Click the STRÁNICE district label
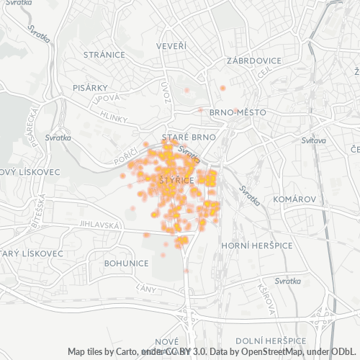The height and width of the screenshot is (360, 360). click(x=104, y=55)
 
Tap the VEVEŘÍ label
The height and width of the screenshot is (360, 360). click(x=171, y=46)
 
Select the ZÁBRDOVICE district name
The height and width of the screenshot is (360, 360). click(x=252, y=60)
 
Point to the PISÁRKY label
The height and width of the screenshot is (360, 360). click(x=90, y=87)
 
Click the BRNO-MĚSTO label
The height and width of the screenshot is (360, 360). click(x=238, y=113)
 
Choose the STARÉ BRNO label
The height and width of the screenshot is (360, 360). click(x=184, y=137)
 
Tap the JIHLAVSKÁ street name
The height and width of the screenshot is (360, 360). click(x=99, y=225)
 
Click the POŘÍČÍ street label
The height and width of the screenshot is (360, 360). click(x=125, y=156)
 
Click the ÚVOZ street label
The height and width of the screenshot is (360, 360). click(x=166, y=91)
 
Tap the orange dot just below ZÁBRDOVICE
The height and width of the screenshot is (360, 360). click(x=222, y=88)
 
